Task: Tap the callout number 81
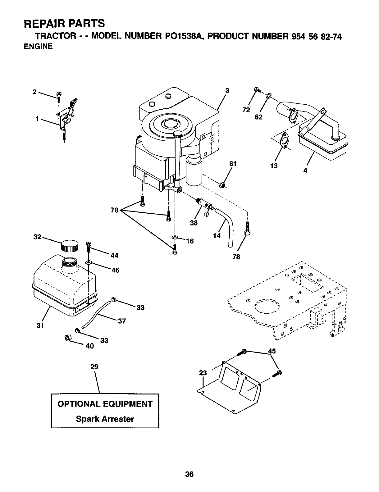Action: pyautogui.click(x=233, y=164)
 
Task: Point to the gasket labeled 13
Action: pyautogui.click(x=284, y=140)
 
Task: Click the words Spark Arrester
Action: pyautogui.click(x=105, y=419)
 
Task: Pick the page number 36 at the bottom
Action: pyautogui.click(x=189, y=474)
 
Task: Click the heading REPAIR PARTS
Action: pyautogui.click(x=65, y=23)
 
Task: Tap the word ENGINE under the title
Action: pyautogui.click(x=38, y=47)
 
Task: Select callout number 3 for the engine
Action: pyautogui.click(x=227, y=90)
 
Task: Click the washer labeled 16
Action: pyautogui.click(x=175, y=238)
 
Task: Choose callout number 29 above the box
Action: pyautogui.click(x=94, y=367)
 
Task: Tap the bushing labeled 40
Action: pyautogui.click(x=67, y=338)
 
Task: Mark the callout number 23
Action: pyautogui.click(x=202, y=373)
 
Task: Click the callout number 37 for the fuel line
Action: pyautogui.click(x=122, y=321)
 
